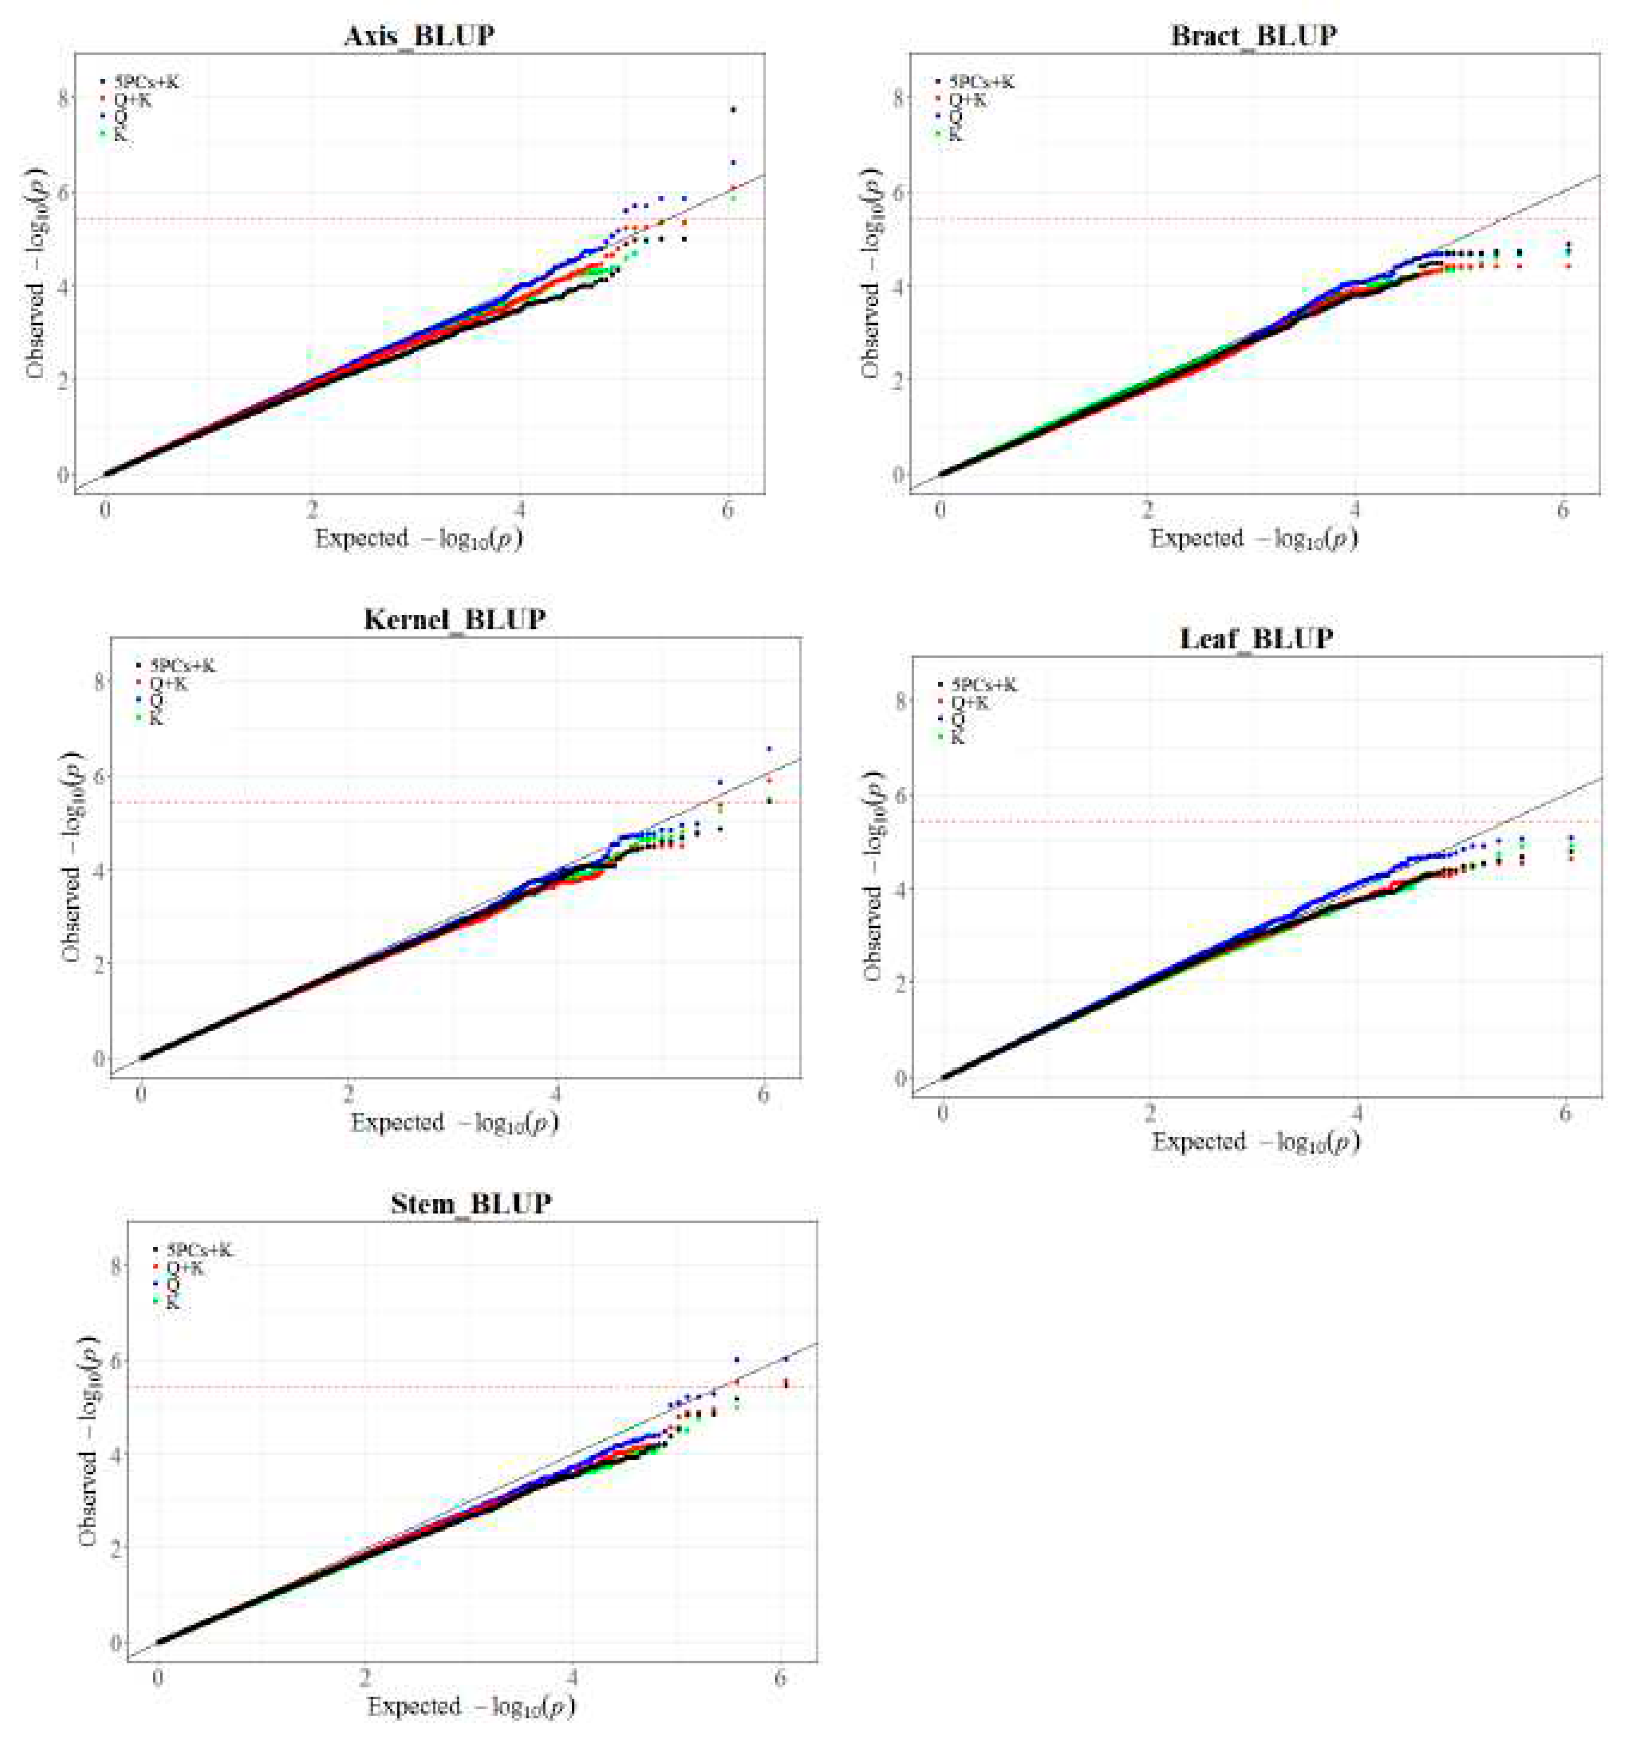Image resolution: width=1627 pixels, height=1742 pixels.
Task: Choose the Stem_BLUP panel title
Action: [471, 1203]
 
